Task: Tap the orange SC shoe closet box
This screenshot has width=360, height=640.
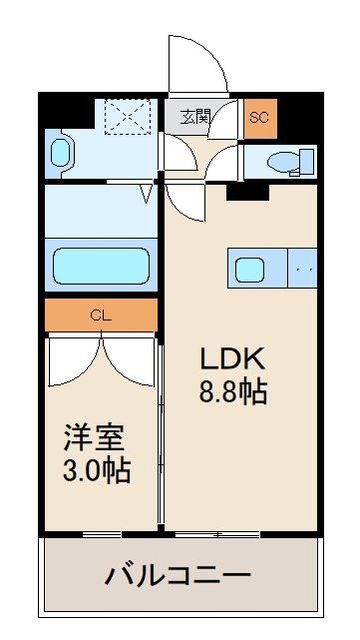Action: tap(259, 116)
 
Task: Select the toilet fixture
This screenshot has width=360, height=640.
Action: tap(291, 160)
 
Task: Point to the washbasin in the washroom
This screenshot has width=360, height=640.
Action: tap(60, 153)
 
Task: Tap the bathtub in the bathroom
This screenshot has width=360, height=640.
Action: tap(100, 267)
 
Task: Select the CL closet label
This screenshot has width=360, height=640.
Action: tap(100, 315)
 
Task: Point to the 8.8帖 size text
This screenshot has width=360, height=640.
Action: tap(235, 392)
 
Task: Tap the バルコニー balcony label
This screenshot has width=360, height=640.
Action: tap(178, 577)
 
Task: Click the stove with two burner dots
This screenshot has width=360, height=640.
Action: tap(303, 268)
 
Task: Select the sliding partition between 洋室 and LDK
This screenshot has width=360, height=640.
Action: tap(162, 430)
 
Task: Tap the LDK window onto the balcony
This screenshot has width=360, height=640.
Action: tap(240, 533)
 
